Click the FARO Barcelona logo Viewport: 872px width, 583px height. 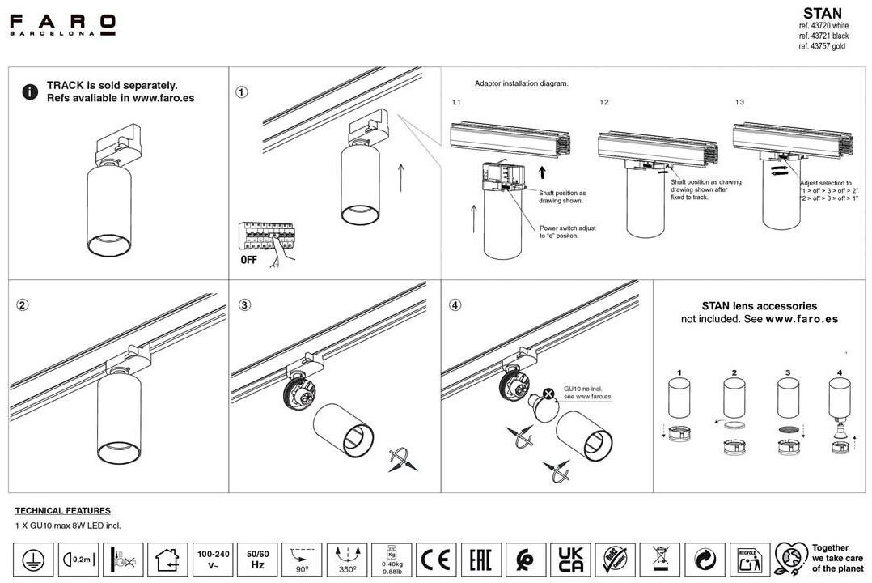pos(62,24)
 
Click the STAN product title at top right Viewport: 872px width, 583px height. pos(822,13)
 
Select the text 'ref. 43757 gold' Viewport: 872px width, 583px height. pos(821,47)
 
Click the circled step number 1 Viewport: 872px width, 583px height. pos(242,91)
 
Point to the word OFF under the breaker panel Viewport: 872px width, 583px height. pos(249,260)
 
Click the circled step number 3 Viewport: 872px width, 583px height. pos(245,305)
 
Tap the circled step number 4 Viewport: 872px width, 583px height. pos(456,305)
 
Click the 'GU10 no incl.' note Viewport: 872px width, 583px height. pos(585,388)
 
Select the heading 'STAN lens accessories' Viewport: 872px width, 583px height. pos(759,306)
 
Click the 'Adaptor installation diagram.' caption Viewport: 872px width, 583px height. pos(521,83)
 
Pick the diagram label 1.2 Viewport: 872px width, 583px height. pos(604,103)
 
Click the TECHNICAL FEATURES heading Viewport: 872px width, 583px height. pos(63,511)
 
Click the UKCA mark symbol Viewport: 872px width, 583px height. pos(570,559)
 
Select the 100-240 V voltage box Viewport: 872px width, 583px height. pos(213,559)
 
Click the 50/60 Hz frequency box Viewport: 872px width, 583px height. pos(257,559)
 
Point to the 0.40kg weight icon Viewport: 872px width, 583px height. pos(392,559)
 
